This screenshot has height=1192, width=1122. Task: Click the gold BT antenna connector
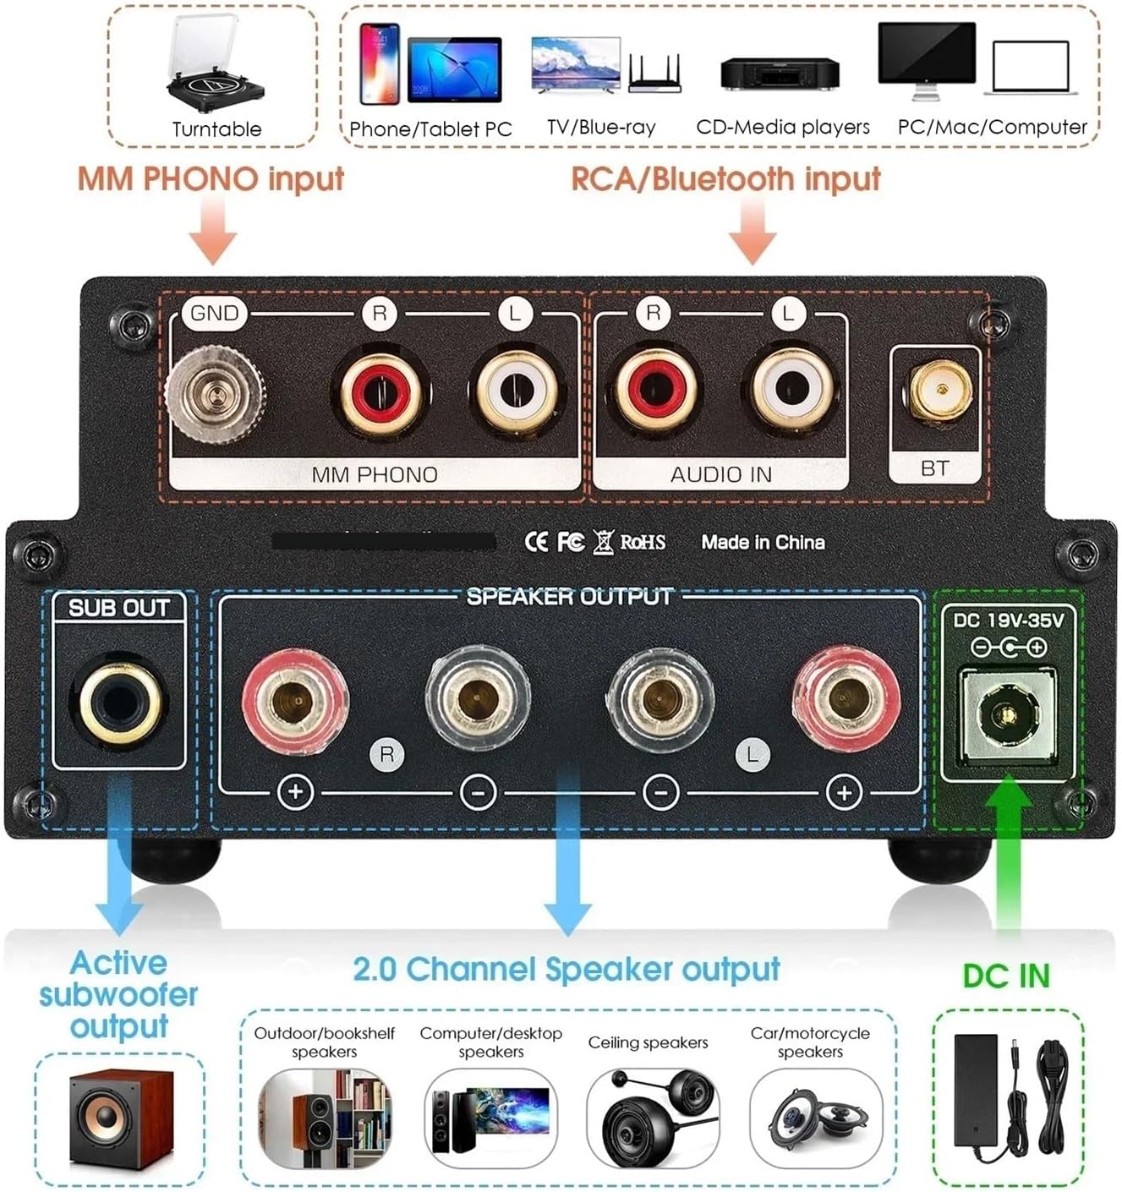tap(936, 391)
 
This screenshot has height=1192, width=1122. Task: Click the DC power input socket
tap(1005, 715)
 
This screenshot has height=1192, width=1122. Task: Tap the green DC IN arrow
tap(1006, 854)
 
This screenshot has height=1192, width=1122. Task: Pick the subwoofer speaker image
tap(120, 1118)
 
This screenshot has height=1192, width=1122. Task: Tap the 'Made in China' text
tap(763, 542)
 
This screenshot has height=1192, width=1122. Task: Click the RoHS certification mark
tap(643, 542)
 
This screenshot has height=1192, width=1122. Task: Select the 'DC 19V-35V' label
tap(1008, 621)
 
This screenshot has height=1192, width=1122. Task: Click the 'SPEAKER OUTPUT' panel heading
tap(569, 597)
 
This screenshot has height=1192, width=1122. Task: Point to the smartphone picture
tap(380, 64)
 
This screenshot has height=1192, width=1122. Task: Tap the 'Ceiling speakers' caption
tap(648, 1042)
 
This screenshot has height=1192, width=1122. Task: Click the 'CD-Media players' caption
tap(782, 127)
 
